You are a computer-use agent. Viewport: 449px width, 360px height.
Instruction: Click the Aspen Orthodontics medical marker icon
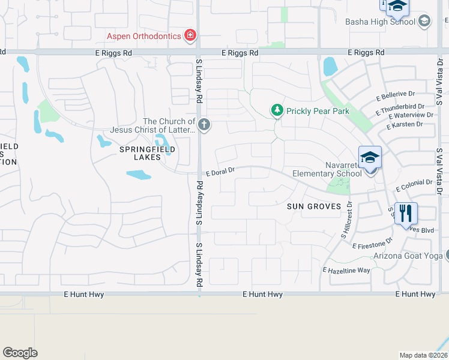pos(190,35)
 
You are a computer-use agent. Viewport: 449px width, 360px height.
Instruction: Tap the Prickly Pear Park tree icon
pos(277,110)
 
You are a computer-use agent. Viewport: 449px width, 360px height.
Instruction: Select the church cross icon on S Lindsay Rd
pos(204,125)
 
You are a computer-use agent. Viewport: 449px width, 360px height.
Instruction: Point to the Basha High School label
pos(380,22)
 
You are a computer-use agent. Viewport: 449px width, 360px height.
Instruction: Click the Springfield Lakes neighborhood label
pos(139,153)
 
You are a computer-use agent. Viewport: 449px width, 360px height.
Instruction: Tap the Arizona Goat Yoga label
pos(408,256)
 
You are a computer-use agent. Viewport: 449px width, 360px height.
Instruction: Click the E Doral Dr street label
pos(220,172)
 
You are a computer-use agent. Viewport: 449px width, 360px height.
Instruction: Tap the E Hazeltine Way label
pos(346,271)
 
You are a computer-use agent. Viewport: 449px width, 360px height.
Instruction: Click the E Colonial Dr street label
pos(414,185)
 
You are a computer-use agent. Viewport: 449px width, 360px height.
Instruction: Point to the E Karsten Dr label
pos(405,125)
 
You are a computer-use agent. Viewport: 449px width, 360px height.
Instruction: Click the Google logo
pos(20,353)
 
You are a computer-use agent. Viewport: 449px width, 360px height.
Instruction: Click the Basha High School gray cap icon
pos(424,22)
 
